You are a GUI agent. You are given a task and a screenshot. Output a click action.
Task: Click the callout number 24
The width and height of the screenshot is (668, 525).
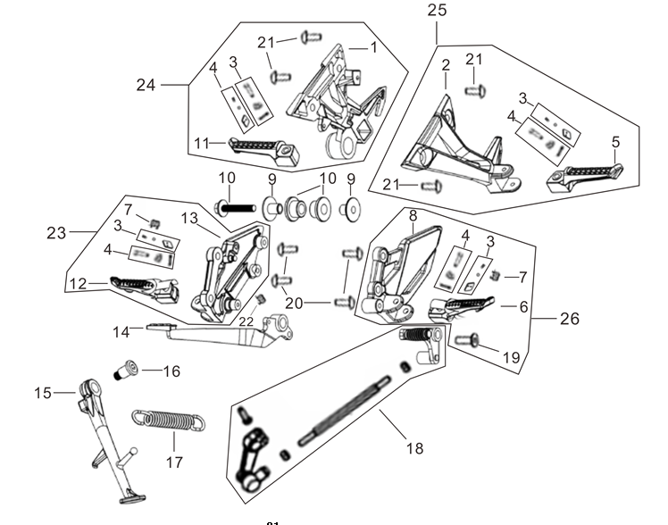point(146,85)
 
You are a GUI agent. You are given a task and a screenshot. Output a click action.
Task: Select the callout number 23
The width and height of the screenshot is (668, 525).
point(56,232)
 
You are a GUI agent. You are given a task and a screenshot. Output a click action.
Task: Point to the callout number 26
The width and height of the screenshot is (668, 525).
point(569,319)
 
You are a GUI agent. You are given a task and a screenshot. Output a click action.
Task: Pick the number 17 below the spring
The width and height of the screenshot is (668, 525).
point(173,462)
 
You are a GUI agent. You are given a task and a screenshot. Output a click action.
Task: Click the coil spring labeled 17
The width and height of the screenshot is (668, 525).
point(171,421)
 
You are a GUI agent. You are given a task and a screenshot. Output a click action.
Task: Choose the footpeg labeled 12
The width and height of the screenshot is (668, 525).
point(144,287)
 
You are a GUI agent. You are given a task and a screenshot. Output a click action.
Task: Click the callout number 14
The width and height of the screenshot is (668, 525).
point(121,331)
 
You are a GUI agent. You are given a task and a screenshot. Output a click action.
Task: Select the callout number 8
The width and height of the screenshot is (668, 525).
point(413,215)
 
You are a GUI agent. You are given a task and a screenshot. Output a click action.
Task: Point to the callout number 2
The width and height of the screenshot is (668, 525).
point(445,64)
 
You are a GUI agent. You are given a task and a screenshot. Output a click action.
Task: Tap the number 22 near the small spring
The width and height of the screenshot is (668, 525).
point(246,321)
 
